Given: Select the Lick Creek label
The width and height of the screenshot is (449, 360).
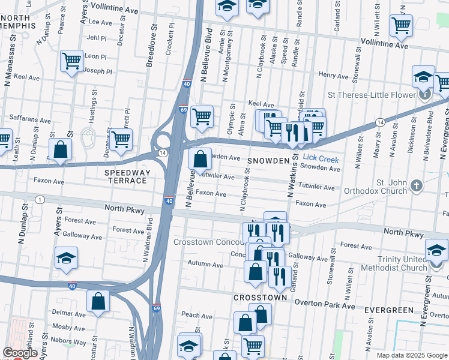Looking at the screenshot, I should click(321, 160).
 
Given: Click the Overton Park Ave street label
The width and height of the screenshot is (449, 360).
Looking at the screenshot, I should click(324, 306).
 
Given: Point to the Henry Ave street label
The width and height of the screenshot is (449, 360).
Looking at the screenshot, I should click(334, 76).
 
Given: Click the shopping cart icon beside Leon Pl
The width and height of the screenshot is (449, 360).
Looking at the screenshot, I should click(71, 61).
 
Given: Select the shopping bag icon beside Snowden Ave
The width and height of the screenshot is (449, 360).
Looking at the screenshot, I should click(200, 160).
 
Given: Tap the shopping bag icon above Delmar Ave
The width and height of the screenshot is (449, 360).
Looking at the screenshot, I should click(98, 302).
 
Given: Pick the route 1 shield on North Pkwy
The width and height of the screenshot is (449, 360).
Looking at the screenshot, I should click(40, 199).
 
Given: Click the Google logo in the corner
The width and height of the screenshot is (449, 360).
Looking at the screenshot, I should click(20, 353).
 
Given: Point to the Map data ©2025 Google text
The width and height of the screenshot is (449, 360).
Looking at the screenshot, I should click(411, 355).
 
